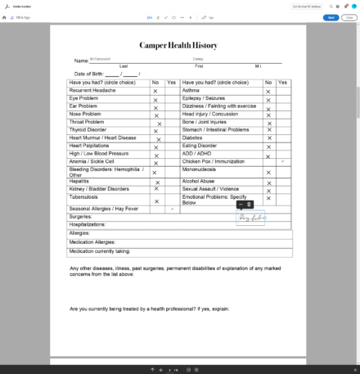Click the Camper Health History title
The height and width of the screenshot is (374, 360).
pyautogui.click(x=179, y=46)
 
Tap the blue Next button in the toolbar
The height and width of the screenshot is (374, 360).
pyautogui.click(x=331, y=16)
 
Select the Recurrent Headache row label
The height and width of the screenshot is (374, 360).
pyautogui.click(x=92, y=90)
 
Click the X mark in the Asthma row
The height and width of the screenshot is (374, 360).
pyautogui.click(x=268, y=90)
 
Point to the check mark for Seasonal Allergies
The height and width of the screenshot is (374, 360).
pyautogui.click(x=172, y=209)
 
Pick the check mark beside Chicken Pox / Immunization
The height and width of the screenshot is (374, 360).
pyautogui.click(x=282, y=161)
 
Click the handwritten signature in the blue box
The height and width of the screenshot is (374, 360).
pyautogui.click(x=250, y=218)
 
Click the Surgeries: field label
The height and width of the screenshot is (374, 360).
pyautogui.click(x=80, y=216)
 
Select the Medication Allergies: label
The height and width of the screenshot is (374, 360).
pyautogui.click(x=92, y=241)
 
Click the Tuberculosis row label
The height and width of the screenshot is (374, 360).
pyautogui.click(x=84, y=197)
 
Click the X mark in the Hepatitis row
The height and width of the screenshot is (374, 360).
pyautogui.click(x=155, y=181)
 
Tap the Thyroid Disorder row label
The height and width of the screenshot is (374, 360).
pyautogui.click(x=88, y=129)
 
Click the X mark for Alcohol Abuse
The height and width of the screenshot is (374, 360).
pyautogui.click(x=268, y=181)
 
